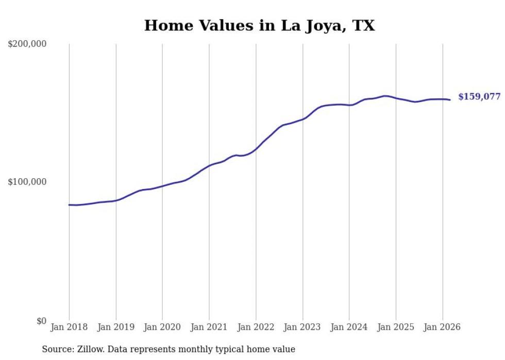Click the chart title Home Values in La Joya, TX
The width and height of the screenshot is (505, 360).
click(x=259, y=25)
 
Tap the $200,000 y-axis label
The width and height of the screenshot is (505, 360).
click(x=27, y=44)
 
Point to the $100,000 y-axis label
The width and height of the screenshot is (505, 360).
click(x=27, y=182)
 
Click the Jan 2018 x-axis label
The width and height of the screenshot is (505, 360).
click(x=69, y=327)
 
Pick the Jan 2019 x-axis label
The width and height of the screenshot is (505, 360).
click(x=116, y=327)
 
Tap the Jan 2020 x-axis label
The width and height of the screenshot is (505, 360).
click(x=162, y=327)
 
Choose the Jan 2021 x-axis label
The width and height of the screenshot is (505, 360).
click(x=209, y=327)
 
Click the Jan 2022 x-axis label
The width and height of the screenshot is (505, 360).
click(x=256, y=327)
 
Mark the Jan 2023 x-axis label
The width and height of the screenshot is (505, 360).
click(x=302, y=327)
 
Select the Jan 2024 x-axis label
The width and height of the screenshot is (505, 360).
click(x=349, y=327)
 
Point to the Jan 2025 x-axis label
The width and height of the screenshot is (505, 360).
click(x=396, y=327)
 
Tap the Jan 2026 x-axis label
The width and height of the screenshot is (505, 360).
click(x=442, y=327)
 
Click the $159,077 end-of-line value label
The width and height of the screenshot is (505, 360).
click(x=479, y=97)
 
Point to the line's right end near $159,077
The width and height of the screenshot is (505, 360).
click(x=450, y=100)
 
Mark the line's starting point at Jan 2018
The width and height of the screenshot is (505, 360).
click(x=69, y=205)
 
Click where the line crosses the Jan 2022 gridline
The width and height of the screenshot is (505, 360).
click(x=256, y=149)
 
